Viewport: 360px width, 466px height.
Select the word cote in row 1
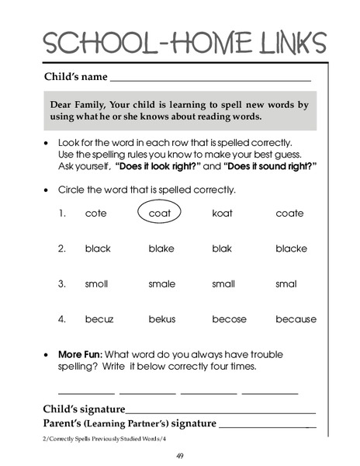tap(95, 214)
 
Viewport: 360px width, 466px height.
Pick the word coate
tap(289, 214)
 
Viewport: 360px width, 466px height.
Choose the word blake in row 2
tap(161, 249)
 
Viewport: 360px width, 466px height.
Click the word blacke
tap(291, 249)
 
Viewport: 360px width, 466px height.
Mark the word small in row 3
tap(223, 283)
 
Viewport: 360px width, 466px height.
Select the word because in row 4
tap(296, 318)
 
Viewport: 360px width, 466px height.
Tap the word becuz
tap(99, 318)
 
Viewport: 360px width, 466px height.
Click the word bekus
tap(163, 318)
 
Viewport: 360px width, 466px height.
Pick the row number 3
tap(61, 283)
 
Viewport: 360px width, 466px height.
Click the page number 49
tap(179, 456)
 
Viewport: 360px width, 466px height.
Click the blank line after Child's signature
tap(220, 411)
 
